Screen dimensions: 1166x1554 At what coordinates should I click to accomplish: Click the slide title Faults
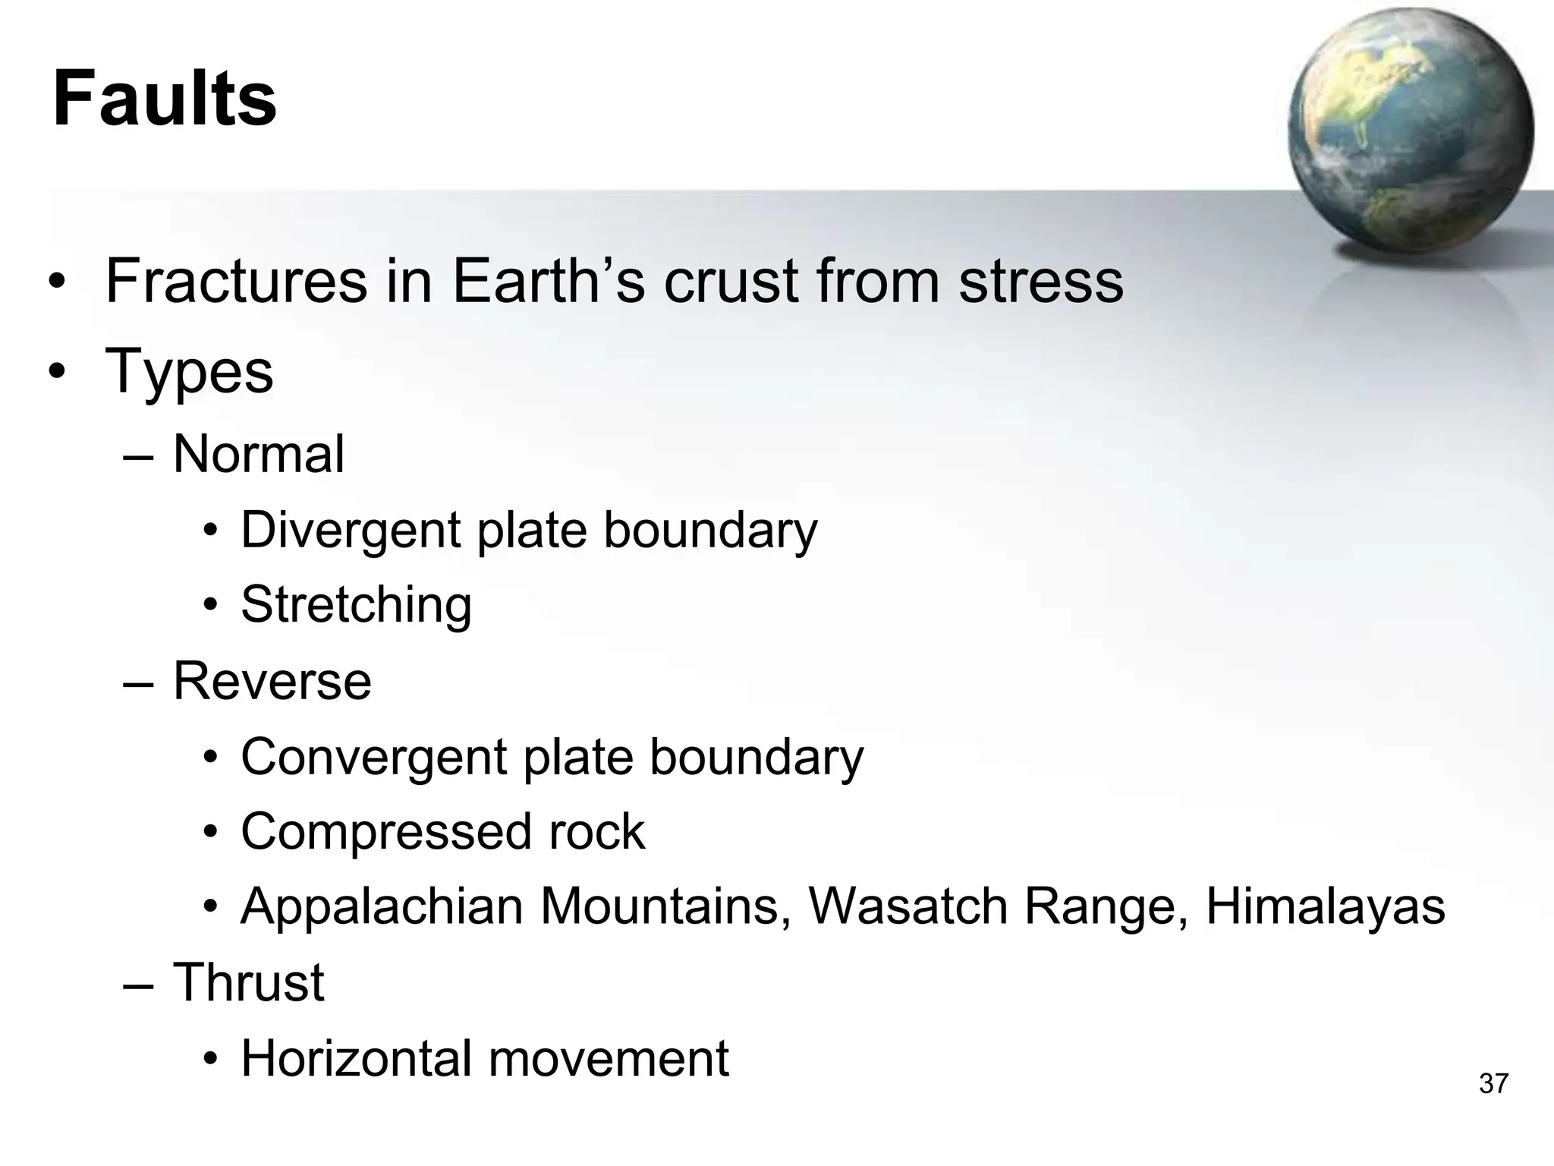(x=165, y=99)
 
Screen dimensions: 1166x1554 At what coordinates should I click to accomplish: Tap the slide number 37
(x=1493, y=1083)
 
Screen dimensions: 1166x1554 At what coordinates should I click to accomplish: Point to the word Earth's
(x=548, y=282)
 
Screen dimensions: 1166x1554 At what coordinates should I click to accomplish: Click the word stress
(x=1040, y=282)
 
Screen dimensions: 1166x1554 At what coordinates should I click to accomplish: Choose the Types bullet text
(x=189, y=371)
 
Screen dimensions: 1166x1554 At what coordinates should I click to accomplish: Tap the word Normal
(x=259, y=454)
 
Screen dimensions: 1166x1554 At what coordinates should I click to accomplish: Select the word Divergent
(x=351, y=530)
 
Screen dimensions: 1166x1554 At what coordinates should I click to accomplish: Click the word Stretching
(x=356, y=605)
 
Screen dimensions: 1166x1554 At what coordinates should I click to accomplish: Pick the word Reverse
(x=272, y=680)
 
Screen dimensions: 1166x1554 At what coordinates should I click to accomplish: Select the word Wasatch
(x=908, y=906)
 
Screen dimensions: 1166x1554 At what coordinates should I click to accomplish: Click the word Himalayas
(x=1325, y=906)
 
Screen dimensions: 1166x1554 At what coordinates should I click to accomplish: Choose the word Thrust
(x=249, y=982)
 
